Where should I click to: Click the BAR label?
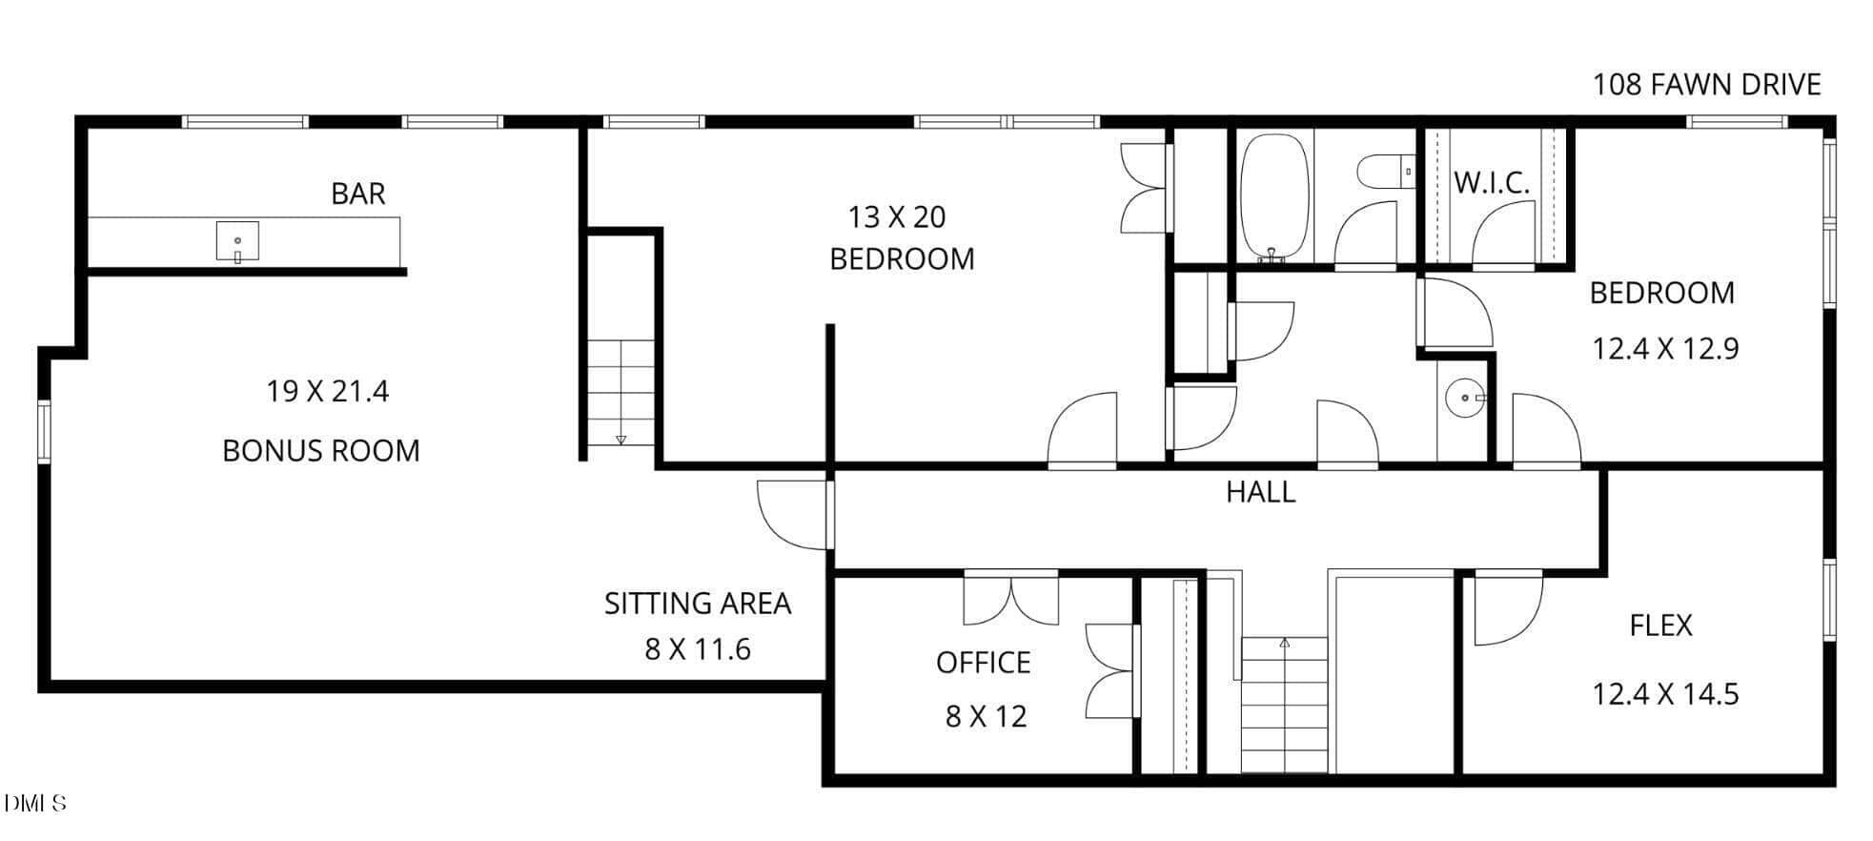pos(358,194)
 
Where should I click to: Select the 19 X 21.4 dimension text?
pos(327,392)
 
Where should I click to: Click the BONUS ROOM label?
pos(321,450)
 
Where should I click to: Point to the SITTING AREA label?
pos(698,604)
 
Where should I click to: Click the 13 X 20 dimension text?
pos(897,217)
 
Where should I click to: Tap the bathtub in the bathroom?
pos(1275,197)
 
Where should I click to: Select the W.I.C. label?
pos(1492,182)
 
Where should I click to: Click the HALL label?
pos(1260,492)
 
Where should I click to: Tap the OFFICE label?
pos(984,663)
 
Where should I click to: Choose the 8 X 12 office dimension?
pos(987,716)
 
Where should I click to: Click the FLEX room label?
pos(1661,626)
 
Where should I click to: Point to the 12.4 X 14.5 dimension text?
pos(1665,694)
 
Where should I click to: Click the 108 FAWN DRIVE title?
pos(1707,85)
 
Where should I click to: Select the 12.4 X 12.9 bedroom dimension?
pos(1665,349)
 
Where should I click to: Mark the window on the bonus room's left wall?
pos(44,433)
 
